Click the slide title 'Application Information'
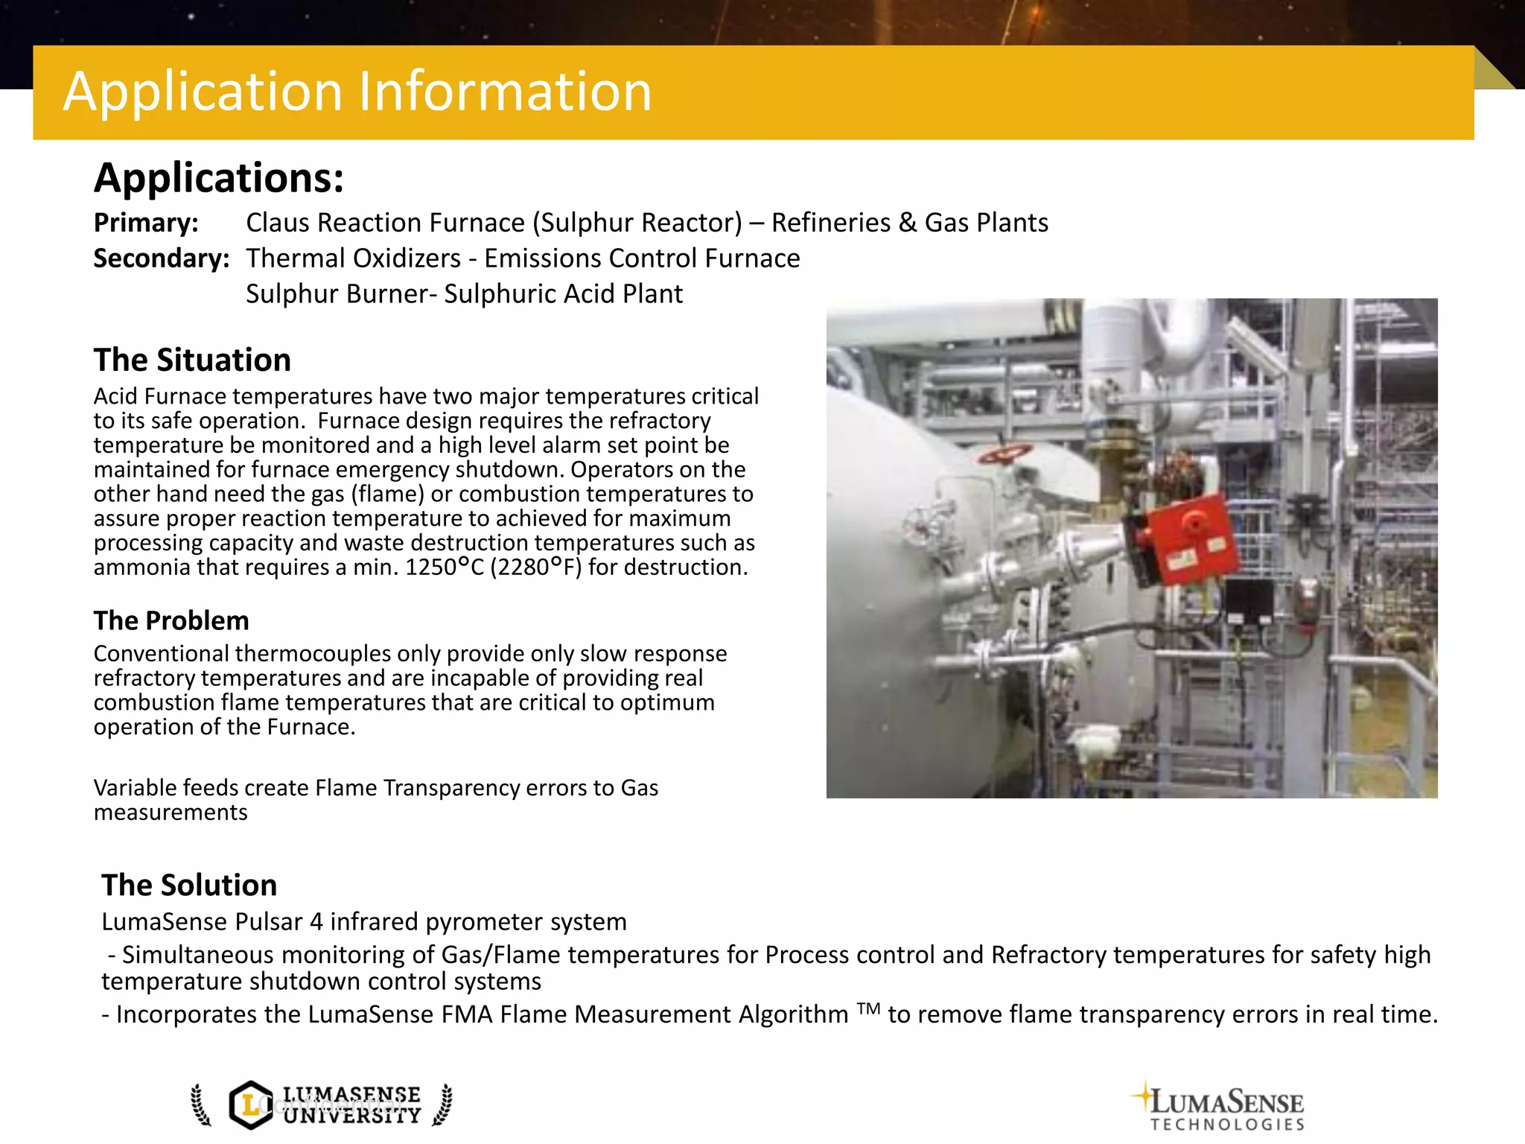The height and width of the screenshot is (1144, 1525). (357, 92)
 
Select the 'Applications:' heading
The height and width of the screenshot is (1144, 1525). (219, 178)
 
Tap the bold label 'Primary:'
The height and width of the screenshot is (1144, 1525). (146, 223)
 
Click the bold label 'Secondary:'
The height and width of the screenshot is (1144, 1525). (162, 258)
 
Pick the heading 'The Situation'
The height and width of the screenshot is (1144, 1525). (192, 360)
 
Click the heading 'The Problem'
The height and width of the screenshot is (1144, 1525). (171, 620)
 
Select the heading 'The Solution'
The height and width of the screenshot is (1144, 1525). (189, 885)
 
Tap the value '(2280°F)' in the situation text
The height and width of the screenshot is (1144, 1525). (536, 568)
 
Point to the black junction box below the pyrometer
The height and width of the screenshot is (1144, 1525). (1249, 600)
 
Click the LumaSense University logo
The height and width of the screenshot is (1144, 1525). (322, 1105)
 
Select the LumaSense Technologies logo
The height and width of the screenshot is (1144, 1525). (1221, 1107)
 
